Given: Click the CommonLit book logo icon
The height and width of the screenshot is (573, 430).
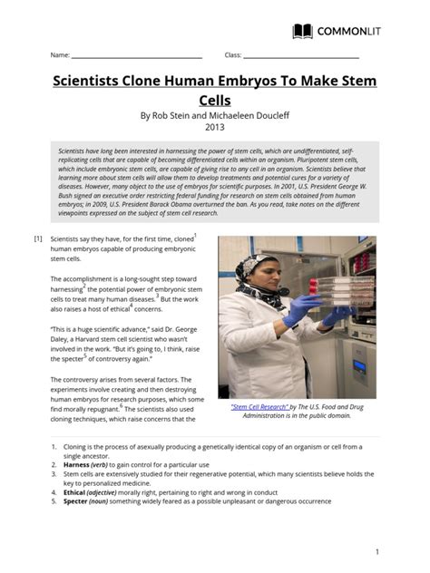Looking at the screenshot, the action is [x=302, y=32].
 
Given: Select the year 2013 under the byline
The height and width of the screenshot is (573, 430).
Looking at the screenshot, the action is [x=214, y=128].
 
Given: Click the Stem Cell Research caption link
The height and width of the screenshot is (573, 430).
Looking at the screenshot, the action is [x=264, y=408].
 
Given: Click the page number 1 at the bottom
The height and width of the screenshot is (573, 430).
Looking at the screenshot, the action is [x=376, y=551].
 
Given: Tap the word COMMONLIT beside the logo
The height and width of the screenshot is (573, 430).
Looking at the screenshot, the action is [x=349, y=32].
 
